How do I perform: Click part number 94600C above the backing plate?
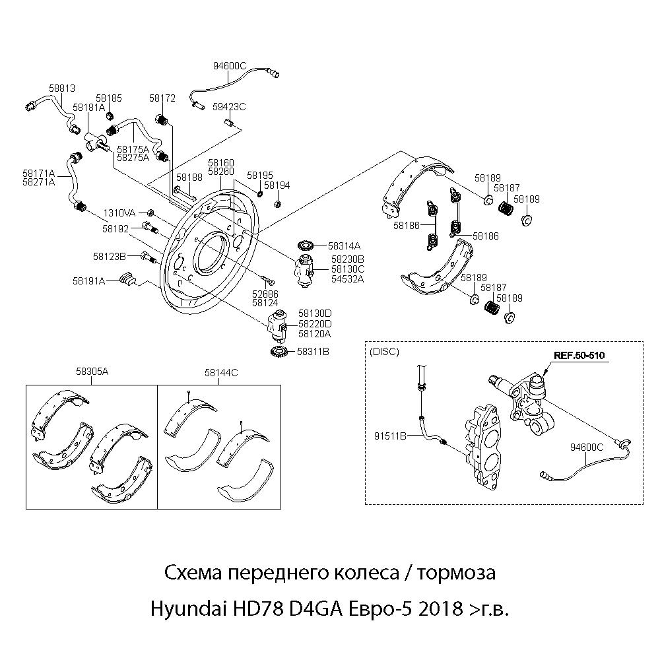click(229, 65)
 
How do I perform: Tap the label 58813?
click(62, 87)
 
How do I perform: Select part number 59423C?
click(229, 107)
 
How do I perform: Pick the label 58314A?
click(344, 246)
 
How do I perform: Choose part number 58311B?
click(313, 352)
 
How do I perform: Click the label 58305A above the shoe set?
click(92, 372)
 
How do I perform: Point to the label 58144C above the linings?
click(221, 372)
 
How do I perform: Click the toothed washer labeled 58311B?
click(279, 352)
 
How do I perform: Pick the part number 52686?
click(265, 294)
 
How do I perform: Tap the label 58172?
click(162, 98)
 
